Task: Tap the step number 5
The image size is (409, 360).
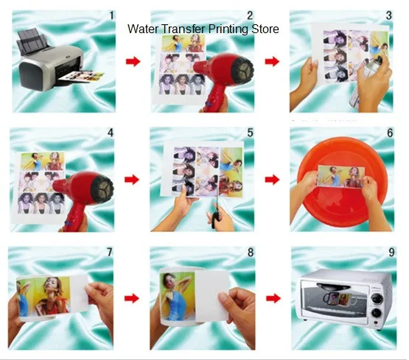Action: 251,133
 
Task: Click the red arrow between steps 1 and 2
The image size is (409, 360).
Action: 133,61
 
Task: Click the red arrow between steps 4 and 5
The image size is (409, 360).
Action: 133,180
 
